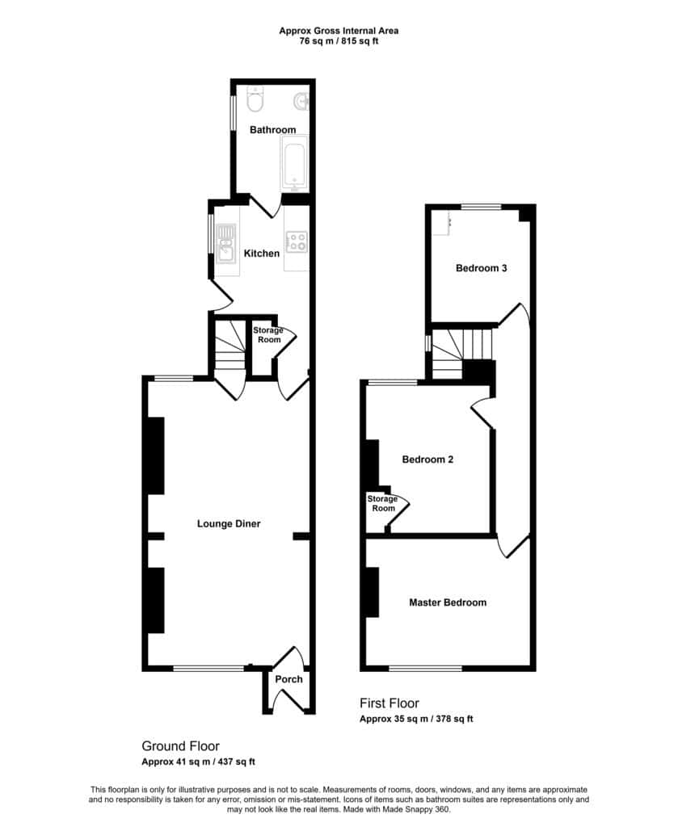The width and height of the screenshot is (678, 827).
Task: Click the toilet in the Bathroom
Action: [x=255, y=99]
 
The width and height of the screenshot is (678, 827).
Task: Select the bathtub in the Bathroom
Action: [x=293, y=163]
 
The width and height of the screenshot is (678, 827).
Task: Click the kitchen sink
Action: [x=225, y=243]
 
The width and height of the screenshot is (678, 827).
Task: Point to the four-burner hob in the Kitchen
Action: [x=297, y=241]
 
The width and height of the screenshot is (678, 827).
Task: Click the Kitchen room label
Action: [x=262, y=254]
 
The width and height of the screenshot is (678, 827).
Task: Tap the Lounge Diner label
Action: [x=229, y=523]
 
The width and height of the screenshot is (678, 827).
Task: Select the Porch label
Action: [x=288, y=679]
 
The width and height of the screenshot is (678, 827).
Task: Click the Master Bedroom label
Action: [x=448, y=602]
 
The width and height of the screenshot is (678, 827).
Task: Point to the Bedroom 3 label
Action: [x=481, y=268]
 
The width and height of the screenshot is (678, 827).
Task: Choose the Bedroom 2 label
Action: [x=427, y=460]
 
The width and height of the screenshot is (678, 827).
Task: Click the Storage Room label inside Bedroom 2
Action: [x=383, y=503]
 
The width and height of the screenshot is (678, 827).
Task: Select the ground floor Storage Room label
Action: [x=268, y=335]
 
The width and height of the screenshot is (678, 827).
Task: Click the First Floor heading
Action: [x=390, y=703]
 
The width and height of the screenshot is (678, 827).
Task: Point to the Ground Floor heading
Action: [x=180, y=745]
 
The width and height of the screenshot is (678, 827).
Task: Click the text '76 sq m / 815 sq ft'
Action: [x=339, y=41]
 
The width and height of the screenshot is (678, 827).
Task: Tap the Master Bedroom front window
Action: [x=425, y=668]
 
